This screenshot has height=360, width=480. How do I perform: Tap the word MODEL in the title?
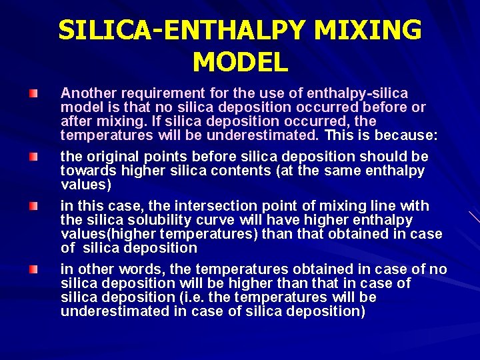pyautogui.click(x=240, y=62)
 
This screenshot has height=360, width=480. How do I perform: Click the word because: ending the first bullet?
pyautogui.click(x=407, y=135)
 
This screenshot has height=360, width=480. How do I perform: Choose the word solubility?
pyautogui.click(x=152, y=220)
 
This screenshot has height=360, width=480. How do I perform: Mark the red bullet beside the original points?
pyautogui.click(x=33, y=157)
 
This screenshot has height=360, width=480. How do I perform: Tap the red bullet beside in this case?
pyautogui.click(x=33, y=206)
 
